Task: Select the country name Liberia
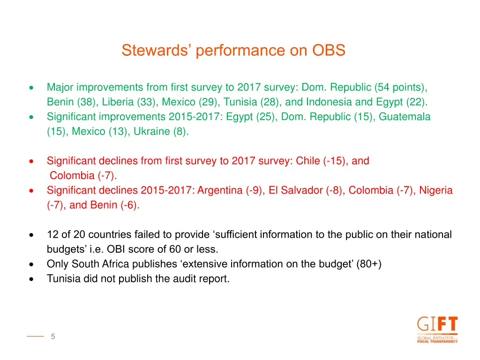click(118, 102)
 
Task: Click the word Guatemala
click(405, 117)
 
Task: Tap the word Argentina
click(220, 190)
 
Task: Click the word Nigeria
click(436, 190)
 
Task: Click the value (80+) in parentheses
click(369, 264)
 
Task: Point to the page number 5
click(53, 336)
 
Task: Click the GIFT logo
click(437, 330)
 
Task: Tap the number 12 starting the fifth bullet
click(52, 234)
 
